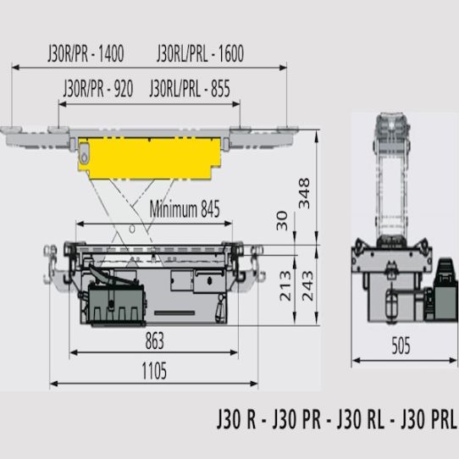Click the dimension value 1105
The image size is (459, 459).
point(154,371)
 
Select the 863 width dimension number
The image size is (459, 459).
point(155,340)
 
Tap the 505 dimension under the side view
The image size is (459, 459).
point(401,346)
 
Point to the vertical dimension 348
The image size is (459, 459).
point(304,193)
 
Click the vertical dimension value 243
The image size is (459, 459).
point(307,286)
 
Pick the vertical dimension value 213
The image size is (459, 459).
point(285,286)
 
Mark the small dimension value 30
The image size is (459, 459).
point(282,221)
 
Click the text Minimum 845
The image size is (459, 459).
point(185,209)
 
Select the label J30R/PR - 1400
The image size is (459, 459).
point(86,53)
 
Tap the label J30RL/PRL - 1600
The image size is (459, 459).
point(200,53)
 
